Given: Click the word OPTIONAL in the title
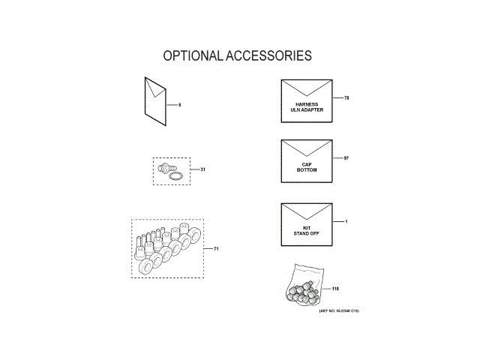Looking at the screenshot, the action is coord(191,56).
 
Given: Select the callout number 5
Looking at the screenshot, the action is coord(180,104).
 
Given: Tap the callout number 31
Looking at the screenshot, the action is coord(202,170).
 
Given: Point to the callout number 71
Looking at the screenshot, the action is coord(216,248).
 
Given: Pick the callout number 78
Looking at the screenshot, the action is coord(346,98).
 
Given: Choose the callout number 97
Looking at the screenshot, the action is coord(346,158).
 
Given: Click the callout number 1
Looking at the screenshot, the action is coord(346,222).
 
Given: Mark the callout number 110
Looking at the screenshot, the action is coord(335,289).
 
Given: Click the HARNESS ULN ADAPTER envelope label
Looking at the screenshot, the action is coord(307,106).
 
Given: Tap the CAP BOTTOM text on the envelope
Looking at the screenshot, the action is coord(307,167).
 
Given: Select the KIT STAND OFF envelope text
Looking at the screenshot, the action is coord(307,231).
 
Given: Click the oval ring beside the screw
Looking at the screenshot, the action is coord(176,177).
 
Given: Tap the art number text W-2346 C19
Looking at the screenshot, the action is coord(338,310).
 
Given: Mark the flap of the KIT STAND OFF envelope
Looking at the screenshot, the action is coord(307,210).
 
